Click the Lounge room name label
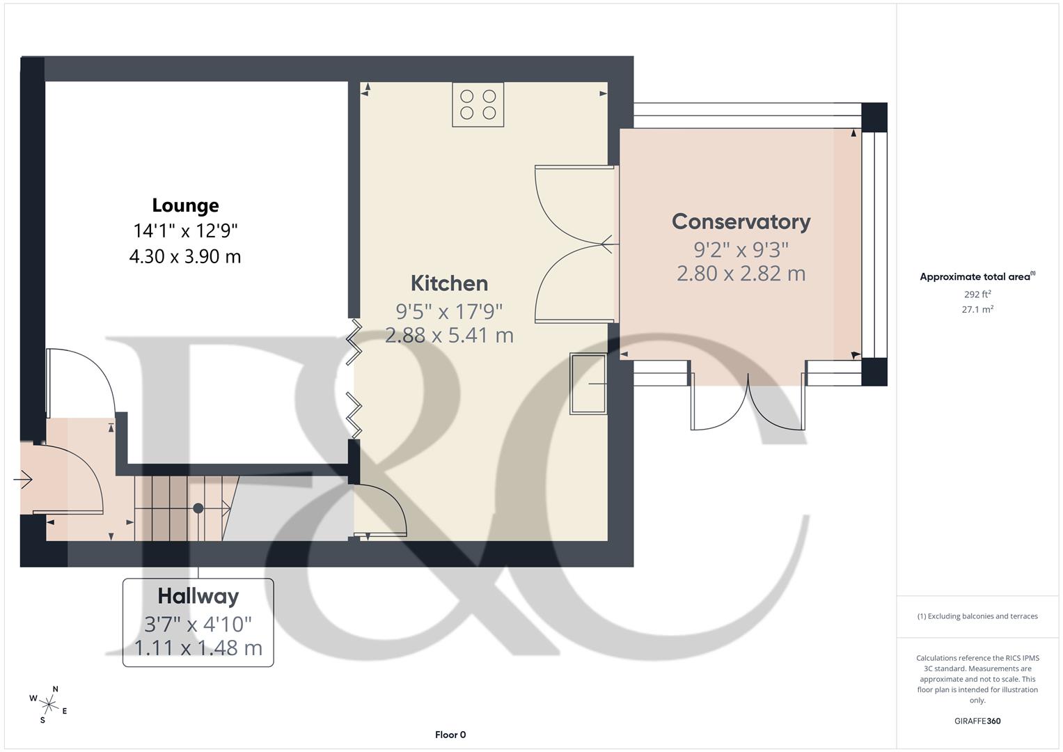click(185, 205)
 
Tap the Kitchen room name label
click(449, 283)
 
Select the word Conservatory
click(741, 221)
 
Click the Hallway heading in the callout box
click(198, 596)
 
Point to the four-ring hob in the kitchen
click(478, 104)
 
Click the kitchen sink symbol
click(588, 384)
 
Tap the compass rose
click(49, 705)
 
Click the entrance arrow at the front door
click(23, 479)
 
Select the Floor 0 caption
click(450, 735)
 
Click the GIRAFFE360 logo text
click(977, 721)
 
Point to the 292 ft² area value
click(977, 295)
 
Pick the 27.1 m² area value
click(977, 310)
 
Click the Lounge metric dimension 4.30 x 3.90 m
click(185, 257)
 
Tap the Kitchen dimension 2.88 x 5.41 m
click(449, 336)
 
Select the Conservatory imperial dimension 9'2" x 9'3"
click(741, 249)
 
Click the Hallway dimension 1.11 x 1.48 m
click(198, 648)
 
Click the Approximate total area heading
click(977, 277)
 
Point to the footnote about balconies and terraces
click(977, 616)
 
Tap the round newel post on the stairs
click(198, 508)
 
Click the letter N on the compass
click(56, 689)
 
